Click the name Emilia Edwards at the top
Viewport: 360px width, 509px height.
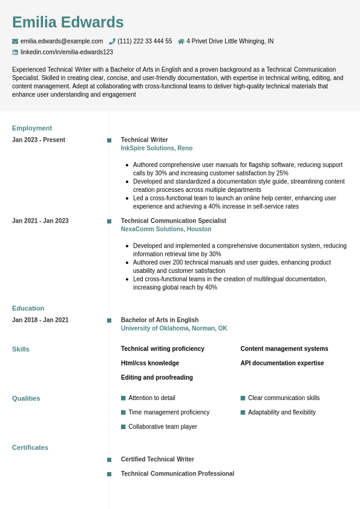[68, 22]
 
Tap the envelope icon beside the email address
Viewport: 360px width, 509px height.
[15, 41]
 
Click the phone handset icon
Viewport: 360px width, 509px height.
[112, 41]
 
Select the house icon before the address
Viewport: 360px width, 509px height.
[181, 41]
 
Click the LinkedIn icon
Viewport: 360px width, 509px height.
[15, 52]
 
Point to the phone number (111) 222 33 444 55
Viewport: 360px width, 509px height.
[145, 41]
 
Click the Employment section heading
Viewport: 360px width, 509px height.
[32, 128]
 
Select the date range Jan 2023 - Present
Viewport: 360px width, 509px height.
[39, 140]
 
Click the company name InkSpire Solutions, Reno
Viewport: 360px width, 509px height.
[157, 148]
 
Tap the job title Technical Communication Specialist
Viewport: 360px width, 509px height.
[174, 221]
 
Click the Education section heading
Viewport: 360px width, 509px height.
[28, 308]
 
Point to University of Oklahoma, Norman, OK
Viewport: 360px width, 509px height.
[174, 329]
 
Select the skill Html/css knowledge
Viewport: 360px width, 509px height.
[150, 363]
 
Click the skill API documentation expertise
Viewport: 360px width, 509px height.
[282, 363]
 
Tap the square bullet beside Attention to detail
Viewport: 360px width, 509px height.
[123, 398]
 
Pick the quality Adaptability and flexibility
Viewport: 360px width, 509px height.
[282, 412]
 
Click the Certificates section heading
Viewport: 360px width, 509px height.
[30, 448]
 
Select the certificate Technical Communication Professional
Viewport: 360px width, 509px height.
[177, 474]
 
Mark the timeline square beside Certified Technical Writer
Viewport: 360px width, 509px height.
[110, 460]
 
